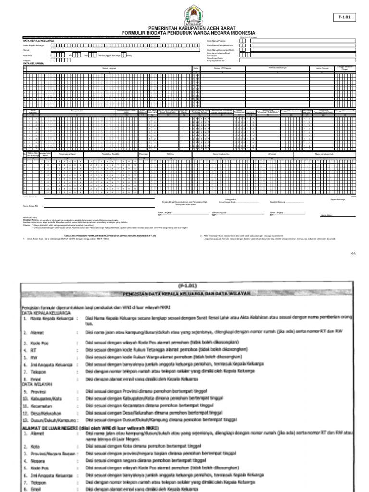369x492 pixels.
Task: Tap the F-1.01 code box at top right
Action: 345,17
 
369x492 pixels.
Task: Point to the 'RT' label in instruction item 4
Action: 34,350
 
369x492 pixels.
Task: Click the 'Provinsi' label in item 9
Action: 38,392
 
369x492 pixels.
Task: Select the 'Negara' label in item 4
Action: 37,460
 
